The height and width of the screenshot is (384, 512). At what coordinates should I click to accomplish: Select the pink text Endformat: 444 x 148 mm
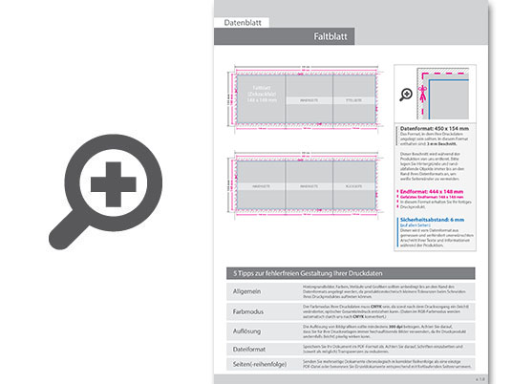(x=433, y=191)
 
